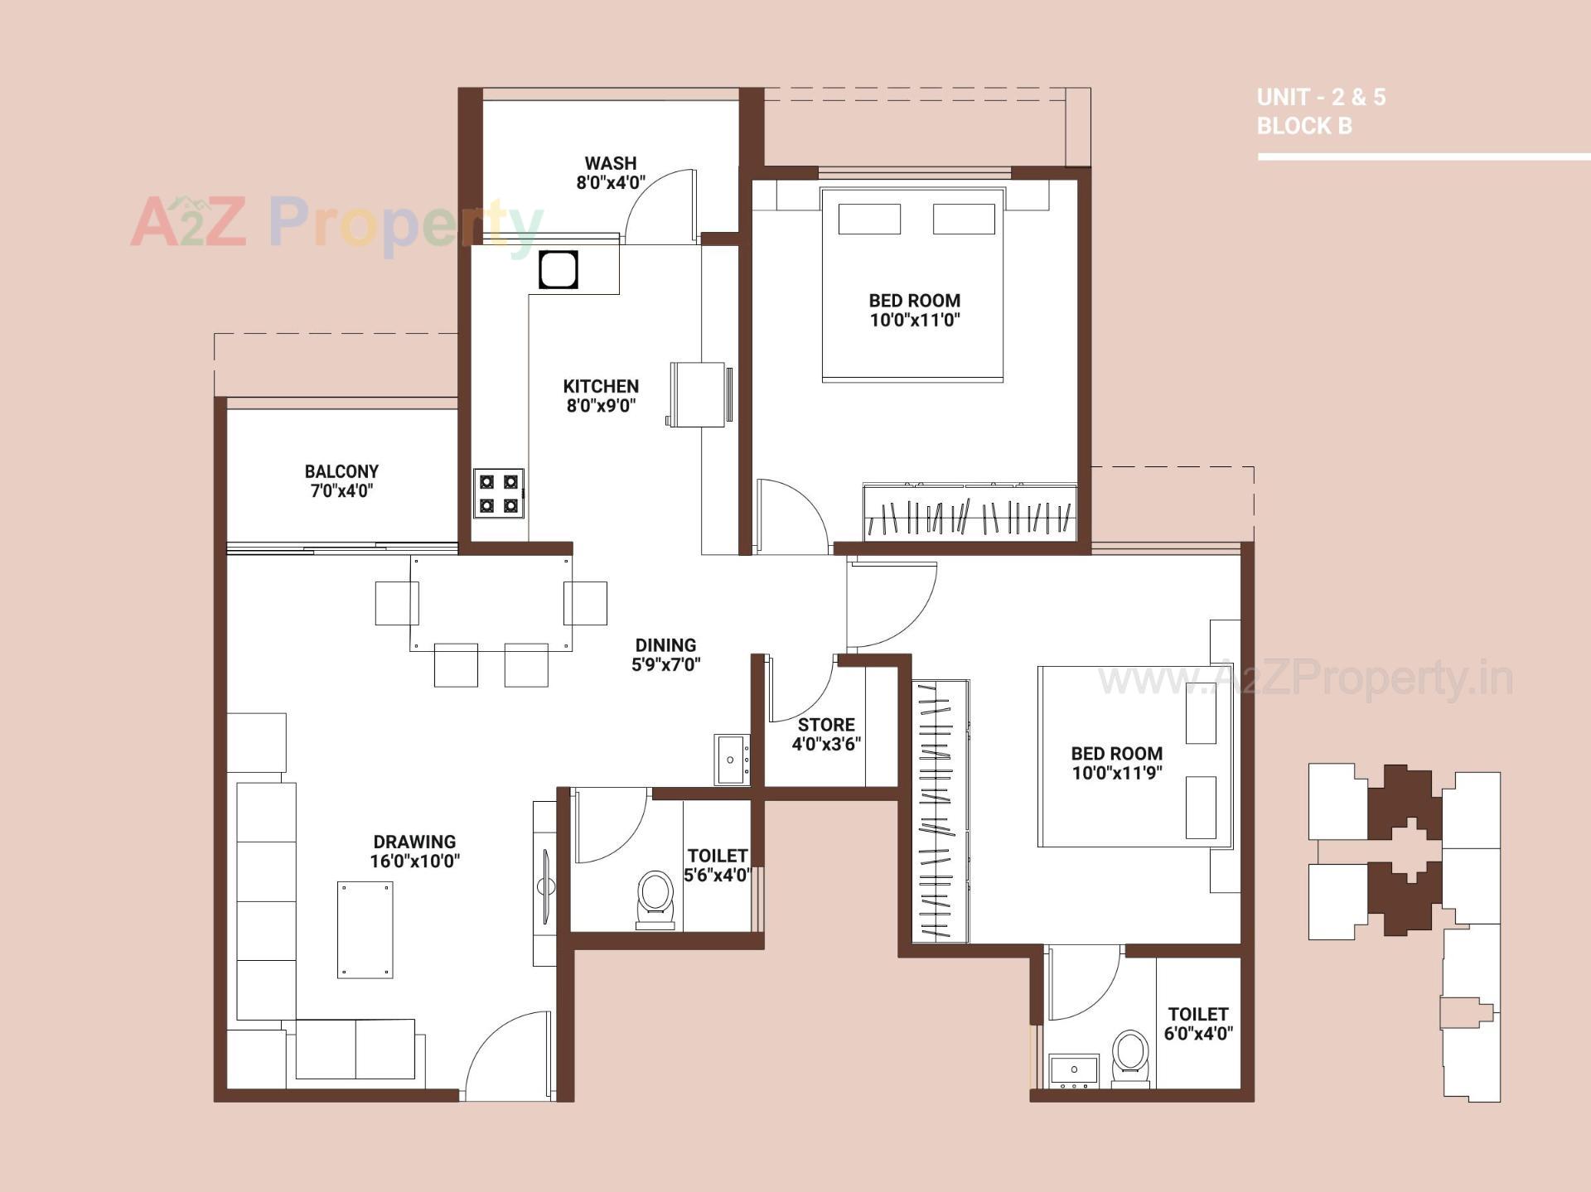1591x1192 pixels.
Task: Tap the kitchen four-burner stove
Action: (x=499, y=493)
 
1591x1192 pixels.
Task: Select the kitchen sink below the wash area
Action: (x=558, y=269)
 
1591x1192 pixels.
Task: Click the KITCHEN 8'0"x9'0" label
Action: (x=601, y=396)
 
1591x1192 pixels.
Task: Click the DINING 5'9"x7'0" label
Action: (x=665, y=654)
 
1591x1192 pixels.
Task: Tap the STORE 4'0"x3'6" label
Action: (x=826, y=734)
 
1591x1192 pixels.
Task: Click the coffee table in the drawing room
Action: (x=365, y=929)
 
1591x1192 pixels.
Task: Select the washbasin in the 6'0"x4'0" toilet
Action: (x=1074, y=1070)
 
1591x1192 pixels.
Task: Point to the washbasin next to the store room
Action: (x=731, y=759)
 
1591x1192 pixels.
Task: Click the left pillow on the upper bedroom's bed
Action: (x=869, y=220)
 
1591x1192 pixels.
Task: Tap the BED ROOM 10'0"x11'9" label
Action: (x=1116, y=763)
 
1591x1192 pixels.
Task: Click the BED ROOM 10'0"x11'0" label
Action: (x=914, y=311)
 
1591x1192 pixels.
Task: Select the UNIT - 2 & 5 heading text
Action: (x=1321, y=98)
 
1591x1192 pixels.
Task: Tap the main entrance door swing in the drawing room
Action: (x=507, y=1056)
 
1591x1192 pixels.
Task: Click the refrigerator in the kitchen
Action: (x=698, y=394)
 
